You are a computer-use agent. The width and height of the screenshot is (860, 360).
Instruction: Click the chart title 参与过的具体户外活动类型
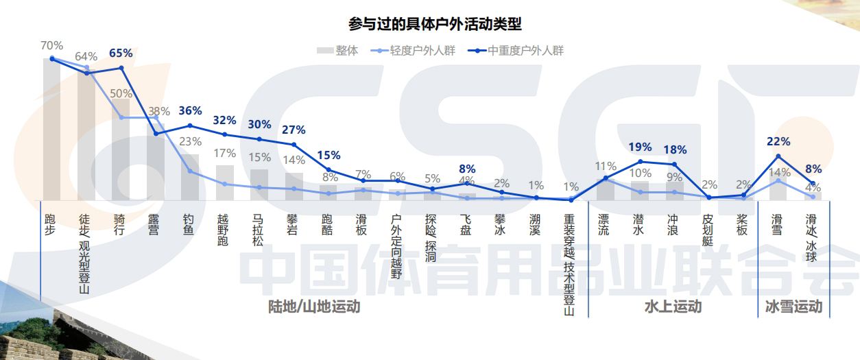435,25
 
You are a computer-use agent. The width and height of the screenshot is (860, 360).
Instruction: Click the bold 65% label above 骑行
121,53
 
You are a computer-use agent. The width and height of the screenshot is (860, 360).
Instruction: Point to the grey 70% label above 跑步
51,45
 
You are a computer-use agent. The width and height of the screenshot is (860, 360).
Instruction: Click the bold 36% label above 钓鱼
190,110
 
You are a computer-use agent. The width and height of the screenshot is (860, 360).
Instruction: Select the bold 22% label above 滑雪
778,141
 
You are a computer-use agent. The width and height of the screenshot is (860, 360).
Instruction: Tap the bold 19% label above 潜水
639,147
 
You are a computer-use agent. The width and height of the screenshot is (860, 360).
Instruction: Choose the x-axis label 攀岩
294,225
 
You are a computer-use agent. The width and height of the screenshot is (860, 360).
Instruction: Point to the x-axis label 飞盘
466,225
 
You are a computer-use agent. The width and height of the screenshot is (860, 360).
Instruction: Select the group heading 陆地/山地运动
313,307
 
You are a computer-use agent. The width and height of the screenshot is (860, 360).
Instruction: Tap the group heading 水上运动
673,307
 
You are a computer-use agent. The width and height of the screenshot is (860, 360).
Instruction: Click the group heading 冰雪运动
793,307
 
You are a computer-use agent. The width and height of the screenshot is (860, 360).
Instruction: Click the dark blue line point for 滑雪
778,156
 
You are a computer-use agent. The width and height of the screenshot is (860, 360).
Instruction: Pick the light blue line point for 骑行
121,117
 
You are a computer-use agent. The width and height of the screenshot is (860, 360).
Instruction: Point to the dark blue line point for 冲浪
674,165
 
